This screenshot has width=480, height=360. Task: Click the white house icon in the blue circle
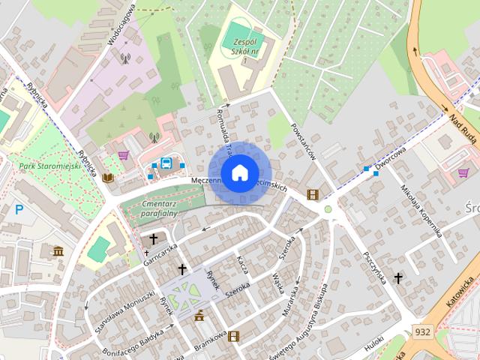[x=239, y=173]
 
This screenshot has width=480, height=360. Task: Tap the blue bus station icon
[x=166, y=163]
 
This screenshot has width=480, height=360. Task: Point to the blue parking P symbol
[x=18, y=209]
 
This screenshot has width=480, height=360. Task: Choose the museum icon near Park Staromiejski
[x=58, y=250]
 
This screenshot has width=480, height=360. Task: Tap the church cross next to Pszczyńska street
[x=397, y=278]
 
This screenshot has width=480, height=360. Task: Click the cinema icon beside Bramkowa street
[x=233, y=336]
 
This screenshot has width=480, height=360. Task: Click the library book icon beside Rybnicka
[x=108, y=178]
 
